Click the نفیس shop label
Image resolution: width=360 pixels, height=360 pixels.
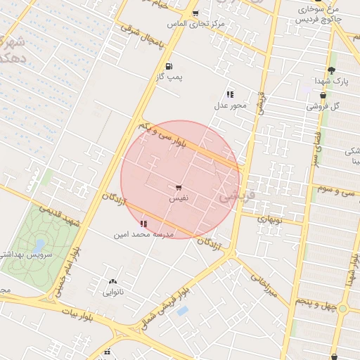pos(177,199)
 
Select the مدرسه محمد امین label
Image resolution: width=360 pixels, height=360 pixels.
pos(143,233)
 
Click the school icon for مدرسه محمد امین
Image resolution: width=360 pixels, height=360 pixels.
pos(144,223)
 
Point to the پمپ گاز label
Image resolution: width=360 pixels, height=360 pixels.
pos(169,77)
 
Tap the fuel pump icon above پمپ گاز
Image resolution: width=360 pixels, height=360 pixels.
pos(169,67)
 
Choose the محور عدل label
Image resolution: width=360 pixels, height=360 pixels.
pos(231,105)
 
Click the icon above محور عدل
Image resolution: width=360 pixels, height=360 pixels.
pos(230,94)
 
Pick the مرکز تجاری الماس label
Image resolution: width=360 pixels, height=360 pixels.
pos(195,24)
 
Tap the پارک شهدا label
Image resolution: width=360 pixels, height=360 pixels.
pos(330,82)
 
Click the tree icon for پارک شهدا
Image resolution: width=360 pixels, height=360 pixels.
pos(331,70)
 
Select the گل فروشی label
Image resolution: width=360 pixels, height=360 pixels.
pos(323,106)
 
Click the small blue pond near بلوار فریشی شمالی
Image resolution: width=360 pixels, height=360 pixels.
pos(183,310)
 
